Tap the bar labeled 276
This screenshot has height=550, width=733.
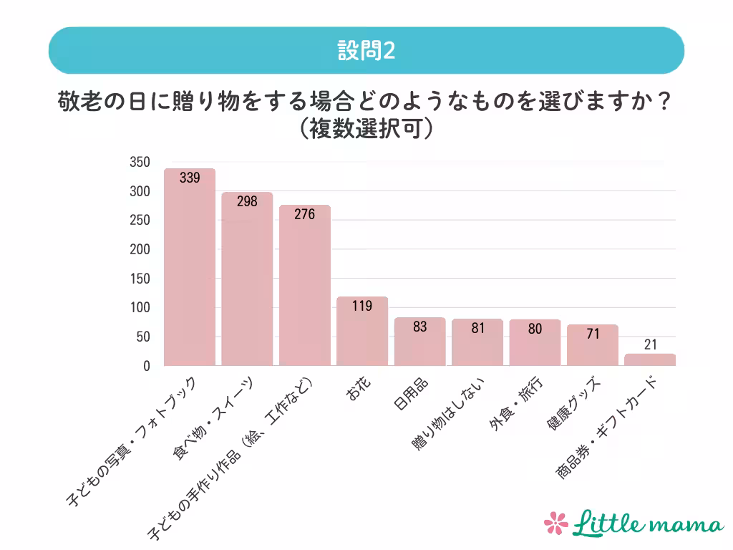[305, 286]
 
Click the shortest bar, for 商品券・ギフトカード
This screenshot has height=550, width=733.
[650, 360]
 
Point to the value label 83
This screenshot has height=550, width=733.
[420, 327]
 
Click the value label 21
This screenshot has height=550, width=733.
[650, 344]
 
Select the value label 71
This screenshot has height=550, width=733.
[593, 334]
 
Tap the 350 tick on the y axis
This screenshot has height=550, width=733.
[140, 163]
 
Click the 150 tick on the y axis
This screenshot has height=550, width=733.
[140, 279]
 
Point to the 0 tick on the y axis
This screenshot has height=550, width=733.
[146, 366]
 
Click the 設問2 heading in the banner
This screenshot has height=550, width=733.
[366, 51]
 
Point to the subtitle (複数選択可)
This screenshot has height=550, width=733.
[366, 128]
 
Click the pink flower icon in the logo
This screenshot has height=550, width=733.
[556, 523]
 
